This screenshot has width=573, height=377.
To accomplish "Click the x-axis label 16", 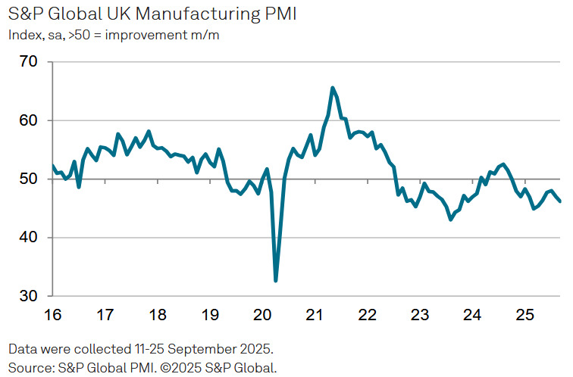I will (x=52, y=313).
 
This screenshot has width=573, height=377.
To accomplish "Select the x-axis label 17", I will (x=105, y=313).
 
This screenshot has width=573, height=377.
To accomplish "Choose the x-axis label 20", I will (x=262, y=313).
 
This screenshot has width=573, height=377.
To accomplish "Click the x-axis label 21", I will (x=315, y=313).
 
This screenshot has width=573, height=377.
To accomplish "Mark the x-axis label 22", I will (x=367, y=313).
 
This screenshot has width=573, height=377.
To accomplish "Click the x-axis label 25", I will (x=524, y=313).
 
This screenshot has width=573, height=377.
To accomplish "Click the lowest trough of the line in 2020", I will (x=275, y=281).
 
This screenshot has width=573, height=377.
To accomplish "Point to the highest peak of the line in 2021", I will (x=333, y=88).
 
